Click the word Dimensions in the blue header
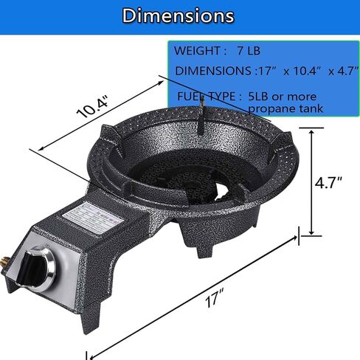point(178,15)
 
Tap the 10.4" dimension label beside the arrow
point(92,106)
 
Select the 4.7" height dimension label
point(328,182)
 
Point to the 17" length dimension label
point(215,298)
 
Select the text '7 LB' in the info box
point(249,51)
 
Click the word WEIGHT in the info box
point(197,51)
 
